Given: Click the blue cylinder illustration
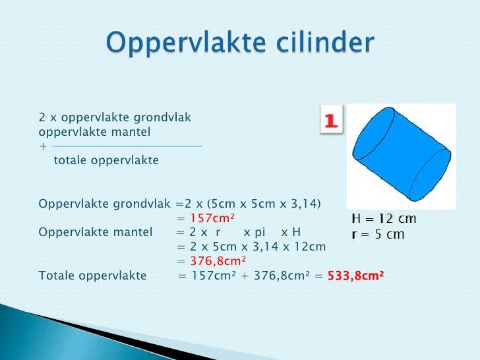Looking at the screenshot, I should pyautogui.click(x=402, y=156).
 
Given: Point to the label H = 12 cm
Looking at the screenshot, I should pyautogui.click(x=383, y=219).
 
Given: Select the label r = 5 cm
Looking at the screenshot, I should pyautogui.click(x=378, y=234).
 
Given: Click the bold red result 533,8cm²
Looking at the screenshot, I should pyautogui.click(x=355, y=275).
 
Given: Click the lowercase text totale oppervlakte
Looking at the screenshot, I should pyautogui.click(x=106, y=160).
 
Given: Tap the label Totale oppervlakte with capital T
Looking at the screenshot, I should pyautogui.click(x=92, y=275).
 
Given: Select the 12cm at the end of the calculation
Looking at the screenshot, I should pyautogui.click(x=312, y=247).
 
